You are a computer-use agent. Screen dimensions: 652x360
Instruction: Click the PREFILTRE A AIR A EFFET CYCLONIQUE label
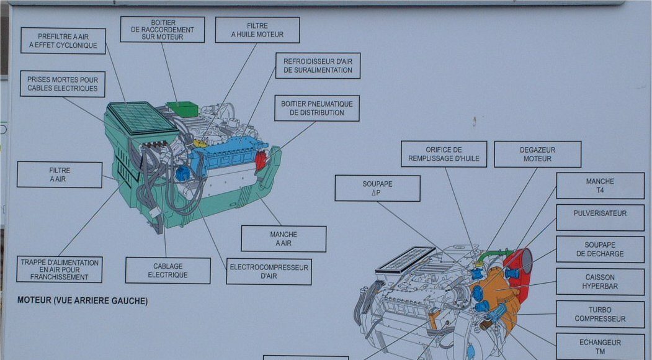click(x=63, y=41)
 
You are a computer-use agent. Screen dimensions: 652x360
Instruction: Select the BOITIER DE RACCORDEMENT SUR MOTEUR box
click(x=163, y=30)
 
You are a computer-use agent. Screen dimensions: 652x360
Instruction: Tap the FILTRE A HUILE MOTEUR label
click(x=257, y=30)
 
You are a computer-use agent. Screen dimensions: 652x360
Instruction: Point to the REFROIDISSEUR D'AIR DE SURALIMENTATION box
click(x=318, y=66)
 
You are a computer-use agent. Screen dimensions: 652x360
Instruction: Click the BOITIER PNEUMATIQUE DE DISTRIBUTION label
click(x=317, y=108)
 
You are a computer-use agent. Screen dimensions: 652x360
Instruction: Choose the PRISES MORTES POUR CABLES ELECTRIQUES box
click(x=63, y=84)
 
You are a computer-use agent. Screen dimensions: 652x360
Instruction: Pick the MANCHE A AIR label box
click(x=284, y=239)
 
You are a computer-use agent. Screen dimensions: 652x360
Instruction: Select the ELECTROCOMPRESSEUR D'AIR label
click(x=269, y=272)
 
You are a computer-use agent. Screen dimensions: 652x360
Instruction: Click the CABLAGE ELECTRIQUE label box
click(x=168, y=271)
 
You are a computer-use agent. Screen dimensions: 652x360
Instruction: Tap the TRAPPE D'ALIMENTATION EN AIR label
click(x=60, y=269)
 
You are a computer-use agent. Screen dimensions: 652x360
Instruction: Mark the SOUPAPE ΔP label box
click(x=378, y=188)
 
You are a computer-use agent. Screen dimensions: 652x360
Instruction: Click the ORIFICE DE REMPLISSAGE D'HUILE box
click(x=444, y=154)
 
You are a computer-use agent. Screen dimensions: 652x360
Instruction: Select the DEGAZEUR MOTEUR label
click(x=538, y=155)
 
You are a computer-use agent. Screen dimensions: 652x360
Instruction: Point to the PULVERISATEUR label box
click(x=601, y=218)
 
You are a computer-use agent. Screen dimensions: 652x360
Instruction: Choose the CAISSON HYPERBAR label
click(x=601, y=282)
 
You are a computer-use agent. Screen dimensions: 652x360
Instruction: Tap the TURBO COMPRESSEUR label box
click(x=601, y=314)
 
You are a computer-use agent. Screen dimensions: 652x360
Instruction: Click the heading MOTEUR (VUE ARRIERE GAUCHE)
click(x=83, y=300)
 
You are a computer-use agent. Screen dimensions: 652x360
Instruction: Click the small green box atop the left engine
click(x=182, y=109)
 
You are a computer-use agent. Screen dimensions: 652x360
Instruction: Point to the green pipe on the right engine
click(x=495, y=255)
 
